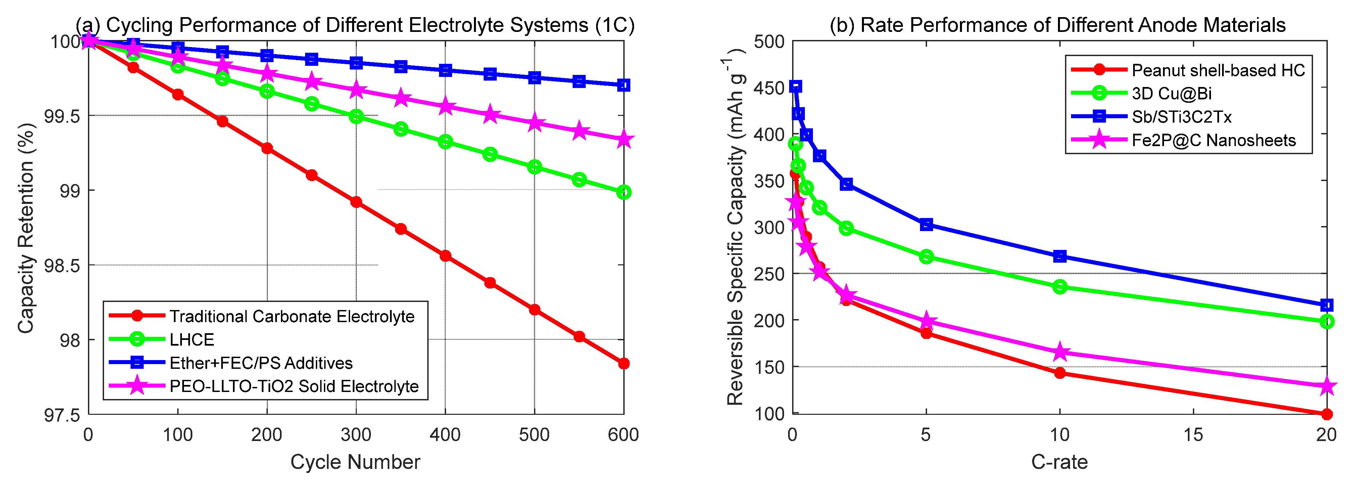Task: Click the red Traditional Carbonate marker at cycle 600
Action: pyautogui.click(x=624, y=363)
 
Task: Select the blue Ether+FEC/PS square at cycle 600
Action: pyautogui.click(x=624, y=85)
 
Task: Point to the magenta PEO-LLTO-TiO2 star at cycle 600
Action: pyautogui.click(x=624, y=140)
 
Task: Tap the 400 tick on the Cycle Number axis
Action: pyautogui.click(x=445, y=435)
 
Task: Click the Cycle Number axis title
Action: pyautogui.click(x=355, y=462)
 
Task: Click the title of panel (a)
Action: pyautogui.click(x=355, y=25)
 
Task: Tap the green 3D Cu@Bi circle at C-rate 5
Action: pyautogui.click(x=926, y=257)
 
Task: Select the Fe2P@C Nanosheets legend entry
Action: pyautogui.click(x=1214, y=140)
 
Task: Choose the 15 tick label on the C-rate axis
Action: pyautogui.click(x=1193, y=435)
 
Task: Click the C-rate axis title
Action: pyautogui.click(x=1060, y=462)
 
